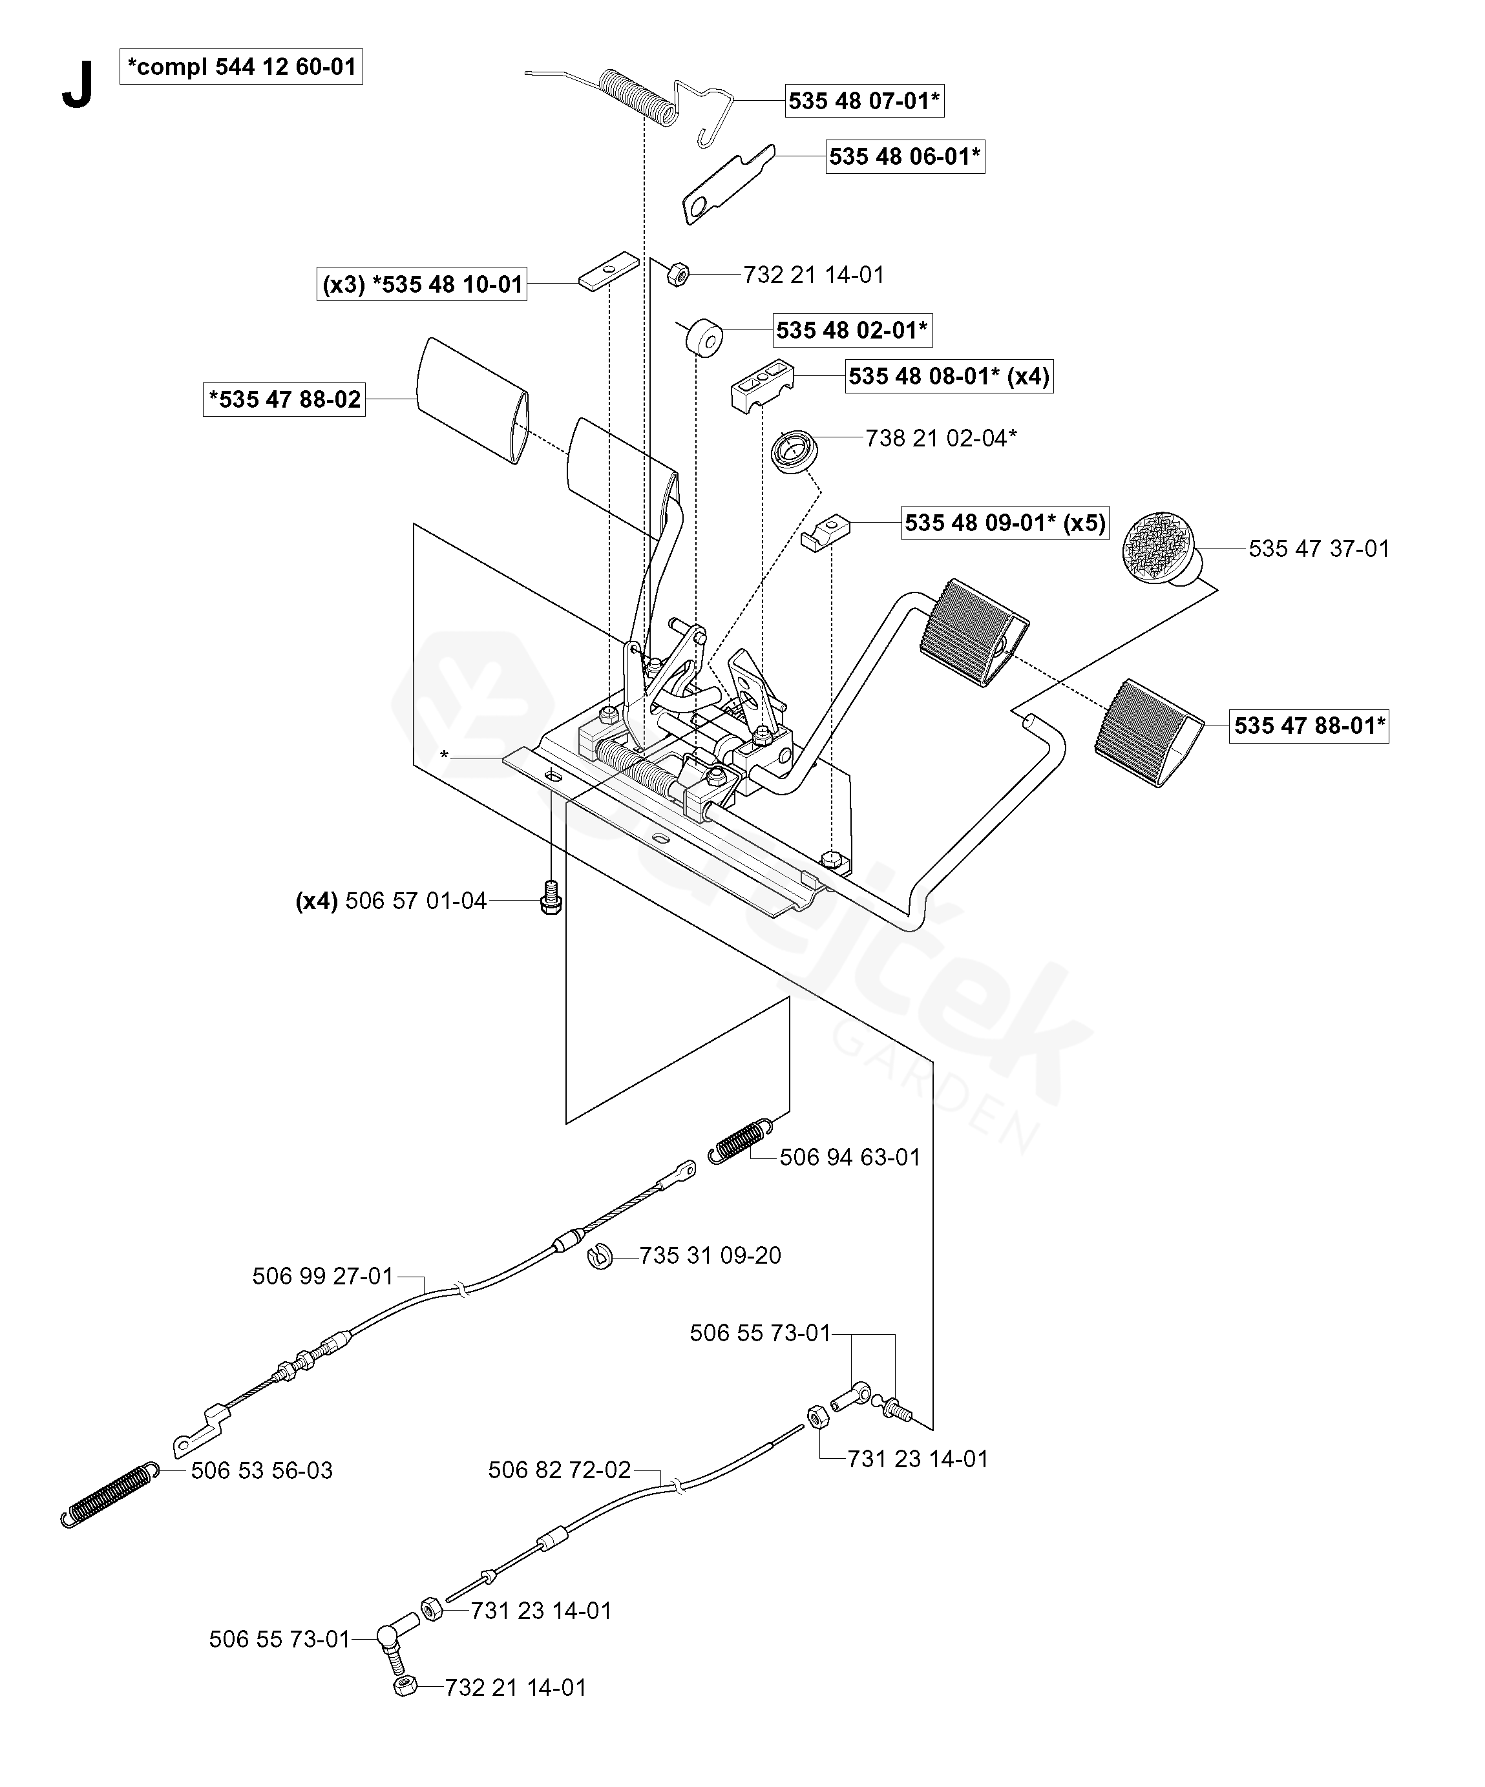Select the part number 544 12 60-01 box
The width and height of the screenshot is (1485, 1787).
click(x=242, y=67)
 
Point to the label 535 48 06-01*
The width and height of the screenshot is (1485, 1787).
click(x=905, y=156)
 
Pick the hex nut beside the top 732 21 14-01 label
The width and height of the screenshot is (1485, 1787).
click(x=677, y=274)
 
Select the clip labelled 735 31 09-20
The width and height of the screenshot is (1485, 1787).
click(x=602, y=1256)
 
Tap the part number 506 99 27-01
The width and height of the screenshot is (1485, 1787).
click(x=322, y=1277)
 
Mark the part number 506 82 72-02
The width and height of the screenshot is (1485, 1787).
click(x=559, y=1470)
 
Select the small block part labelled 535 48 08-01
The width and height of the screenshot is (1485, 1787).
click(x=763, y=384)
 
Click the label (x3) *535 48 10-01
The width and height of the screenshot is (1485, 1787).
click(x=422, y=284)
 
